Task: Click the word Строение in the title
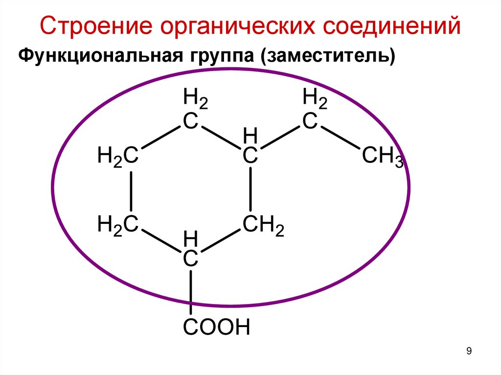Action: pyautogui.click(x=97, y=27)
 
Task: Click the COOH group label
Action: pyautogui.click(x=217, y=327)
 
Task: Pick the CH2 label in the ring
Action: pyautogui.click(x=263, y=226)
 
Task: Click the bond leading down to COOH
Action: pyautogui.click(x=191, y=292)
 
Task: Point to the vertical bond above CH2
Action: pyautogui.click(x=250, y=191)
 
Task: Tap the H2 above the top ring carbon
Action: pyautogui.click(x=195, y=98)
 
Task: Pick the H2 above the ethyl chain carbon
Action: pyautogui.click(x=315, y=98)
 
